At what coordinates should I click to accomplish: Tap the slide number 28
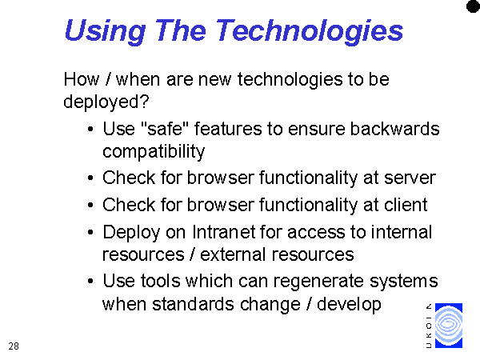[14, 346]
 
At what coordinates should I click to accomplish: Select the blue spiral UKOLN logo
[449, 325]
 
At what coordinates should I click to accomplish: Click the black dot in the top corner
[473, 6]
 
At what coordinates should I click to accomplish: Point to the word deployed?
[106, 102]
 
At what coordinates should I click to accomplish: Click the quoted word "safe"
[165, 128]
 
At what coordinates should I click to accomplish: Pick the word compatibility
[154, 151]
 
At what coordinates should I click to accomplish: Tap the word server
[410, 178]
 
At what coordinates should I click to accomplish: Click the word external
[233, 254]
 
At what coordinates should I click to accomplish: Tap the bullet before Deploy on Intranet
[90, 233]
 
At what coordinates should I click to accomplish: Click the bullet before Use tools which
[90, 281]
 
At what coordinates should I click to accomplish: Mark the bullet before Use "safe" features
[90, 129]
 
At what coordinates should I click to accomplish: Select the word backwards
[395, 129]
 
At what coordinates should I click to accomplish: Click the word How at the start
[82, 79]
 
